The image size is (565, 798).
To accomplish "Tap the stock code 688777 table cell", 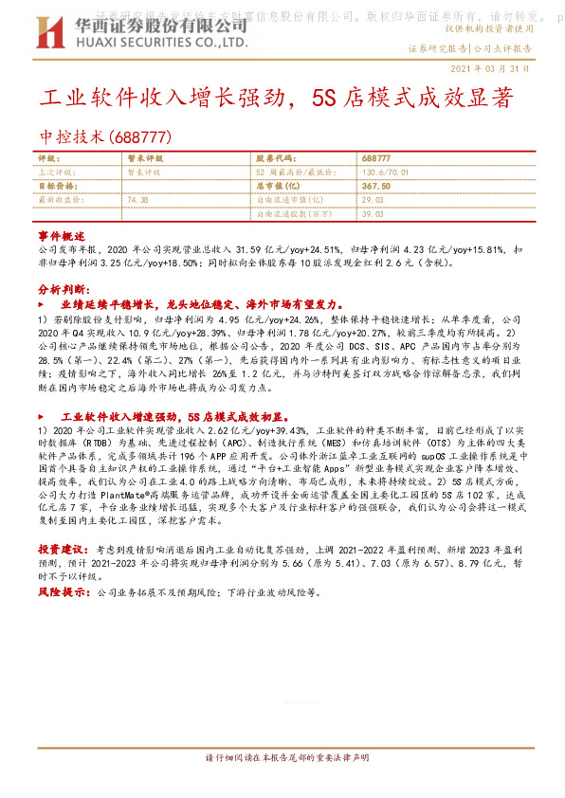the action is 378,158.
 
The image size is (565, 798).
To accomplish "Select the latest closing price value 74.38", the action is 137,201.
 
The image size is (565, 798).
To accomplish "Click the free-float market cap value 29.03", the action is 371,201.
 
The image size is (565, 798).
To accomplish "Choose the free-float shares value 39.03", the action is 371,215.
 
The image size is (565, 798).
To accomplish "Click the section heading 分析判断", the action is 64,287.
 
